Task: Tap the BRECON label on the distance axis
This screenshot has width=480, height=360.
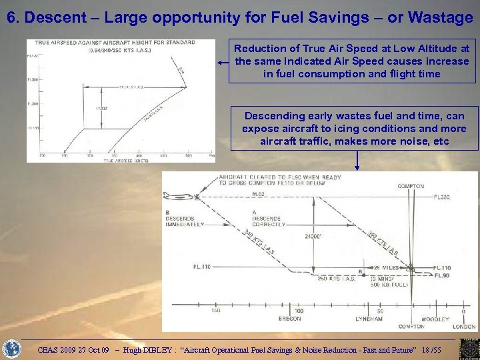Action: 289,319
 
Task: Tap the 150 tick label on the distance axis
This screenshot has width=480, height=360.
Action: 216,311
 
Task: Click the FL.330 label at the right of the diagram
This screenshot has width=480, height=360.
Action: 442,197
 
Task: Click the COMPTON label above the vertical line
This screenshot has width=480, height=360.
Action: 411,187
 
